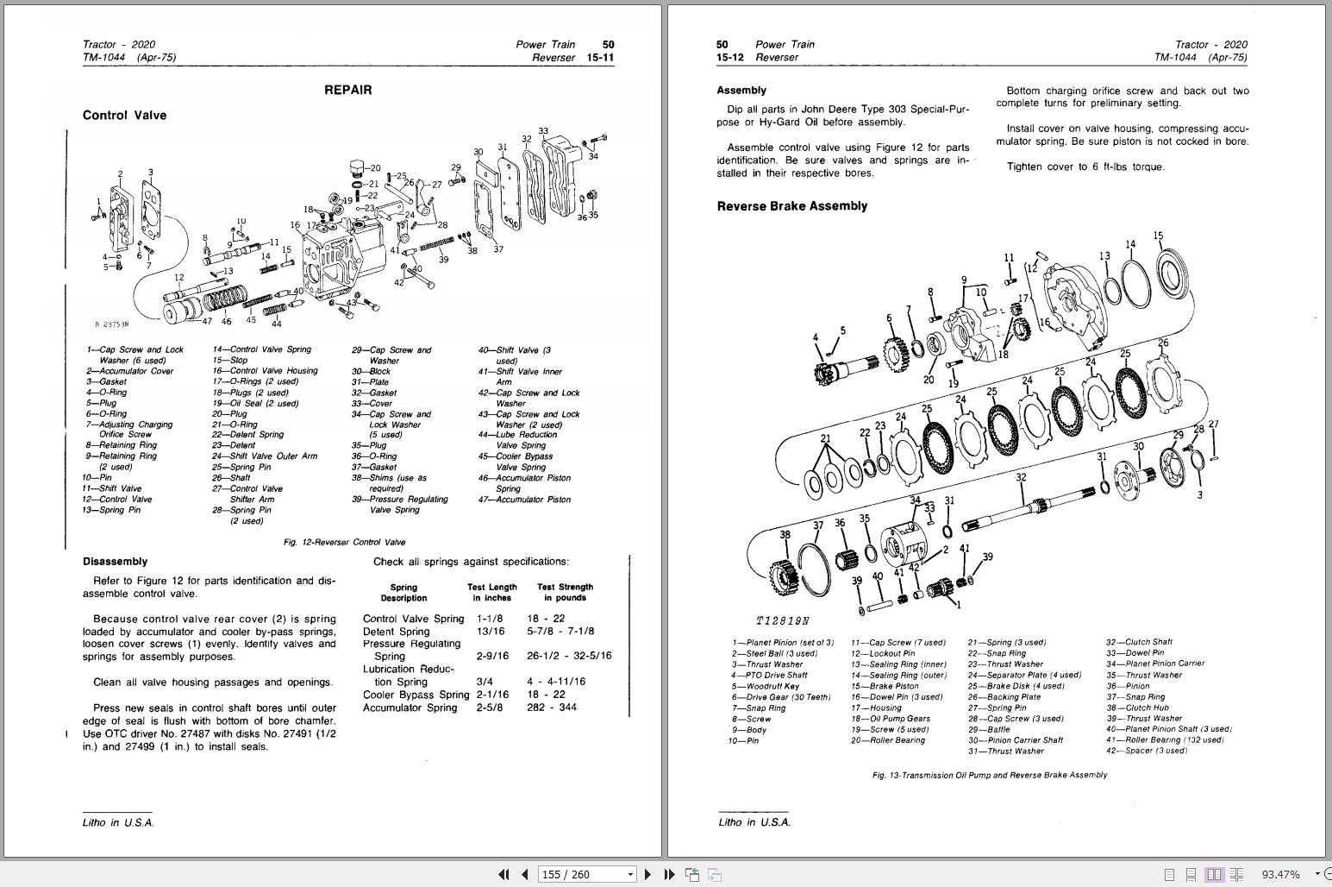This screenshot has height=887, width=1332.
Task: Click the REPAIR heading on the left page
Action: [x=347, y=90]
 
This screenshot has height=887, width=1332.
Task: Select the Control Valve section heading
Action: [x=124, y=116]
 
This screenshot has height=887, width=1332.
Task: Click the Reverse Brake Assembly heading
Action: [x=791, y=206]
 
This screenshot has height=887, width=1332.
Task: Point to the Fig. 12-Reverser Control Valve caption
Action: [x=344, y=543]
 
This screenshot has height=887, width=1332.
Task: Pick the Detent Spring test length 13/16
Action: [x=490, y=632]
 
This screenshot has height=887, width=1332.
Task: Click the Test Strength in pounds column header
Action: [x=565, y=592]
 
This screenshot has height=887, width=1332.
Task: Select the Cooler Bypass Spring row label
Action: [x=416, y=695]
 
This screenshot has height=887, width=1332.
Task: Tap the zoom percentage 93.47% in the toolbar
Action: [x=1280, y=874]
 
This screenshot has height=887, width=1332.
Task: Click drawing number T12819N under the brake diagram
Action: [x=783, y=621]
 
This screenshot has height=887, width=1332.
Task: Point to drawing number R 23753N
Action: [x=111, y=325]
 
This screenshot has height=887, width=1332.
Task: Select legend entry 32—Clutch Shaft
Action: [x=1139, y=643]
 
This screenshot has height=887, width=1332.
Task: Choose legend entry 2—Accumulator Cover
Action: [x=129, y=371]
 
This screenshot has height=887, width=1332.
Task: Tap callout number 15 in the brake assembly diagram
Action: [x=1158, y=236]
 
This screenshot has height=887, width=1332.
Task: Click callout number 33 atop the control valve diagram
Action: [x=543, y=131]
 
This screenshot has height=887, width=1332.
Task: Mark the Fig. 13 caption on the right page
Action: [x=989, y=775]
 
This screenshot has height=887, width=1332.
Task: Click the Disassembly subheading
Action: [x=115, y=562]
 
